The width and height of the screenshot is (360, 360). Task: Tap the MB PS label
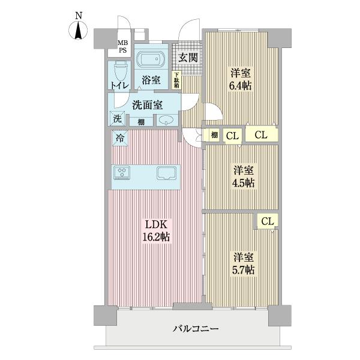pyautogui.click(x=122, y=46)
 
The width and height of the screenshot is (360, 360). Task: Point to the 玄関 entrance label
pyautogui.click(x=188, y=58)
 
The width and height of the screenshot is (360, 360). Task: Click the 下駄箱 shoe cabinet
pyautogui.click(x=176, y=80)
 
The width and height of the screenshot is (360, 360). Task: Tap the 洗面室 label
pyautogui.click(x=147, y=104)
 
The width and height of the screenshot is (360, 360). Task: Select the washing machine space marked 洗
pyautogui.click(x=117, y=118)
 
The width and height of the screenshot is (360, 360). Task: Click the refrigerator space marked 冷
pyautogui.click(x=118, y=137)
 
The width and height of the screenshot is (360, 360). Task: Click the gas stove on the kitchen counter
pyautogui.click(x=123, y=173)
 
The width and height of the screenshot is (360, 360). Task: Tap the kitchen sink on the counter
pyautogui.click(x=166, y=173)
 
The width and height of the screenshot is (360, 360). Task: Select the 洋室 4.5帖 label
pyautogui.click(x=244, y=175)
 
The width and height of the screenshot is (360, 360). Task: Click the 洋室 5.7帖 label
pyautogui.click(x=244, y=263)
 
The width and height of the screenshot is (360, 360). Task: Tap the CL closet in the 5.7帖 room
pyautogui.click(x=268, y=221)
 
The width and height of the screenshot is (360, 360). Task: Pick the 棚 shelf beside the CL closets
pyautogui.click(x=214, y=135)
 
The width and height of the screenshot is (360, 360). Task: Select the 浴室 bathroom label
pyautogui.click(x=151, y=79)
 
